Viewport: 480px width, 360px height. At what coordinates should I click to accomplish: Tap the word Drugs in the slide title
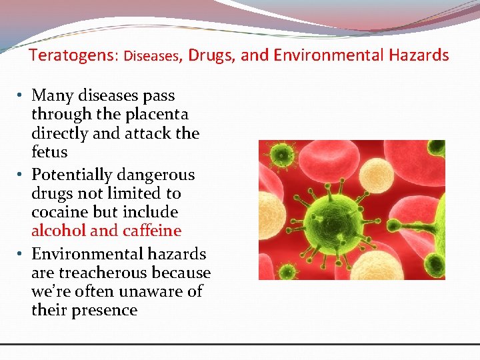(211, 55)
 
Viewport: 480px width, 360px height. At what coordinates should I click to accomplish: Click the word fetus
(49, 152)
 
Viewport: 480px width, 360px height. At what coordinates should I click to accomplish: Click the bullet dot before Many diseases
(22, 96)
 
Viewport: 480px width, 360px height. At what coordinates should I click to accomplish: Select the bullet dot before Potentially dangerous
(22, 175)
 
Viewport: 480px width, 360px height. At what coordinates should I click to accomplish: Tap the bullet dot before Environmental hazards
(22, 255)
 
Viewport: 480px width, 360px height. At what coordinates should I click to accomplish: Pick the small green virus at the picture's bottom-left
(288, 270)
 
